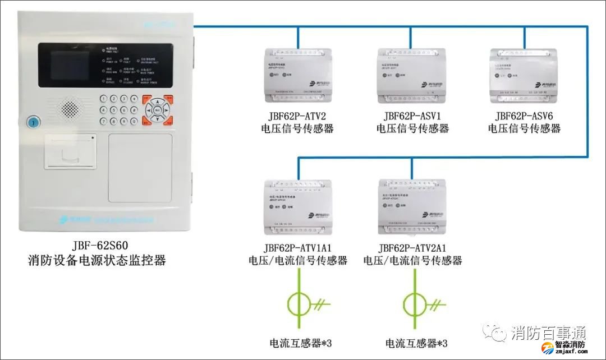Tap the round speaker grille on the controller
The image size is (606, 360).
tap(71, 107)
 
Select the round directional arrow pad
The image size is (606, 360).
tap(158, 110)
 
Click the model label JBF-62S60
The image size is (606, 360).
tap(97, 245)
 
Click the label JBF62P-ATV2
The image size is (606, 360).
tap(297, 116)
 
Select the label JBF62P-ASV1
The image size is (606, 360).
tap(412, 116)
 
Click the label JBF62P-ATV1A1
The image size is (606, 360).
tap(298, 248)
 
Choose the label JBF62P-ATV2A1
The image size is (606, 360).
tap(412, 248)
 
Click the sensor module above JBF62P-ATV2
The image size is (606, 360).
tap(297, 76)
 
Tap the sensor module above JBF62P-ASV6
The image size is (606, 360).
tap(525, 76)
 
